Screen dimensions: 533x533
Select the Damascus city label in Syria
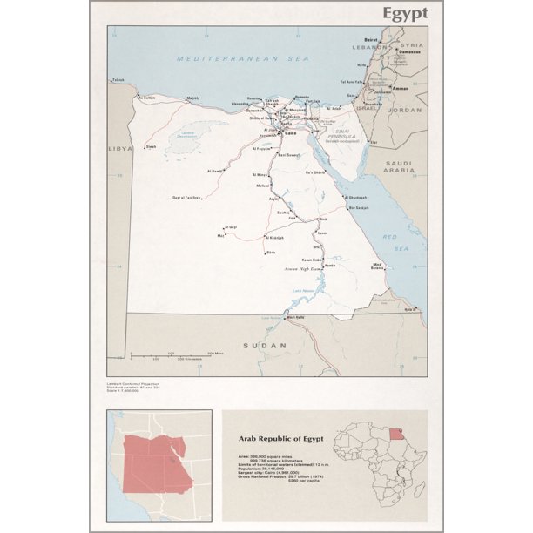click(x=410, y=51)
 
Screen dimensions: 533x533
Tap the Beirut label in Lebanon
click(x=371, y=39)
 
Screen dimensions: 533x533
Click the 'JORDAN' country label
click(x=407, y=111)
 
